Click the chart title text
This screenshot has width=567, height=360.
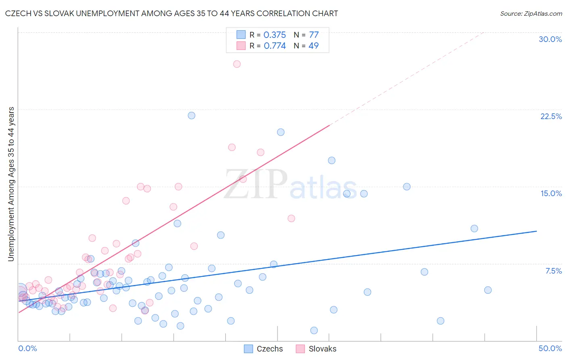(x=171, y=13)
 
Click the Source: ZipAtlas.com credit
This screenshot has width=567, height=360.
(x=531, y=13)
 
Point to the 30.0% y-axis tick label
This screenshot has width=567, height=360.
(x=550, y=39)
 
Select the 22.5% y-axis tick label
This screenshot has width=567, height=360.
(x=550, y=116)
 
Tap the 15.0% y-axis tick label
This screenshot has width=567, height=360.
(x=550, y=193)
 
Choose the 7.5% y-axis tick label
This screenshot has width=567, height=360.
(x=553, y=271)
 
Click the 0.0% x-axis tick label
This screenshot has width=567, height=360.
(x=27, y=348)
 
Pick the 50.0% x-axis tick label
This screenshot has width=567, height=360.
(x=550, y=348)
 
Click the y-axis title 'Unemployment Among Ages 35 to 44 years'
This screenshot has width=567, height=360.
(x=11, y=184)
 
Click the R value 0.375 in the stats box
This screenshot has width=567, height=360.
(x=275, y=35)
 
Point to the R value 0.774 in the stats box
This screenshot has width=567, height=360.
(x=275, y=46)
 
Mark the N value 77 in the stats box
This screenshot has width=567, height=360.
(x=314, y=35)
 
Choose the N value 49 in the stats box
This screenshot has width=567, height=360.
(x=313, y=46)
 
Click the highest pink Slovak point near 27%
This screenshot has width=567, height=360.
(x=237, y=64)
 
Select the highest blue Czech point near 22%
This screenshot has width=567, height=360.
(x=192, y=115)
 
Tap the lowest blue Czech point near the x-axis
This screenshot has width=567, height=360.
(x=314, y=331)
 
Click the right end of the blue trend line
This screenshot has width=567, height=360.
(x=536, y=231)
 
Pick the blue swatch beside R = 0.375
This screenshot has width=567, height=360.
(x=241, y=35)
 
